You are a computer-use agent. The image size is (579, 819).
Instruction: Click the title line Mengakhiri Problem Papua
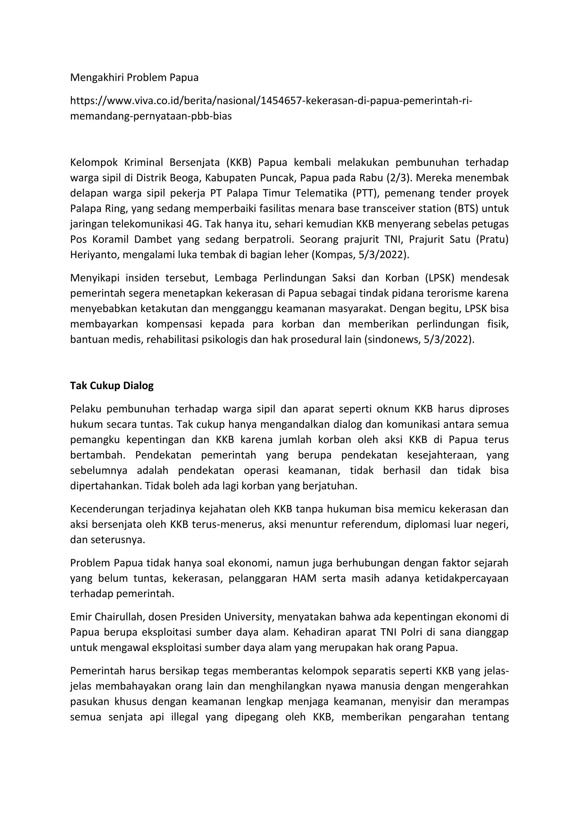pos(134,77)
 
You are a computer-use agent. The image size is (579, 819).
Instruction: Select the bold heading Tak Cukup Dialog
pos(112,385)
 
